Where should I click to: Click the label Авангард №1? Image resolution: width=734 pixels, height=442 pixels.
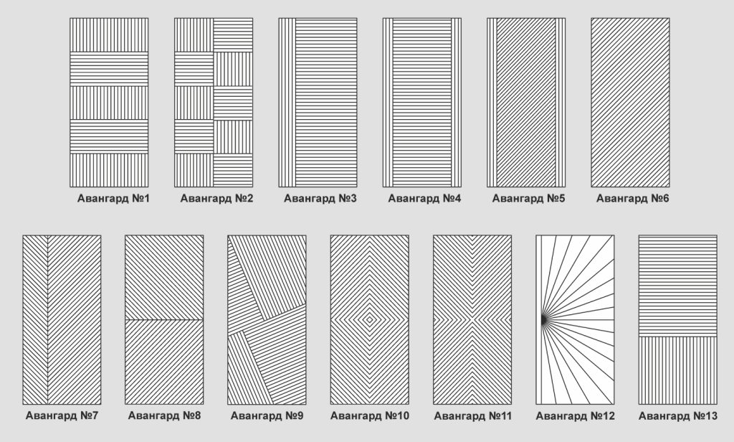(113, 198)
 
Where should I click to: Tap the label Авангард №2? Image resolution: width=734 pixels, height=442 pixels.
(217, 198)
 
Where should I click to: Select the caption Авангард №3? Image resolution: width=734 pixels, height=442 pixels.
(320, 198)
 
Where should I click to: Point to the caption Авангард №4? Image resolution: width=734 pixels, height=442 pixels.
(424, 198)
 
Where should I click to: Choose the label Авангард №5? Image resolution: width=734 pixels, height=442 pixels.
(529, 198)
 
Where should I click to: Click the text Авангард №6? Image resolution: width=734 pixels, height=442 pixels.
(632, 198)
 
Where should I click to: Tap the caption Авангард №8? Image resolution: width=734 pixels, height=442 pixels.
(164, 415)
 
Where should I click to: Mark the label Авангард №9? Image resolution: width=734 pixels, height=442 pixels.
(267, 415)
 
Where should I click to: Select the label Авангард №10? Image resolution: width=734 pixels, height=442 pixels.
(370, 415)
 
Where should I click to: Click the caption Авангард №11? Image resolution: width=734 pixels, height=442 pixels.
(472, 415)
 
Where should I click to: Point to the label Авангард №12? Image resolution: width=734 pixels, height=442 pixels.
(575, 415)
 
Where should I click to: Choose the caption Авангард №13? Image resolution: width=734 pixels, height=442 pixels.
(677, 415)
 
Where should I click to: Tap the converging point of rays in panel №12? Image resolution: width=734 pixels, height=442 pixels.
(540, 319)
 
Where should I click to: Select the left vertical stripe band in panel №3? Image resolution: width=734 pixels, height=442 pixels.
(287, 102)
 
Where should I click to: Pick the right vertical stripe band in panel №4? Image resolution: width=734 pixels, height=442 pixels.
(456, 102)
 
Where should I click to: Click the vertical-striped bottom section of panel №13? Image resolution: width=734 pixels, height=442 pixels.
(677, 370)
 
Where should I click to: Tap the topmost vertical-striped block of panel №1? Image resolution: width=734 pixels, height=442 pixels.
(109, 34)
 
